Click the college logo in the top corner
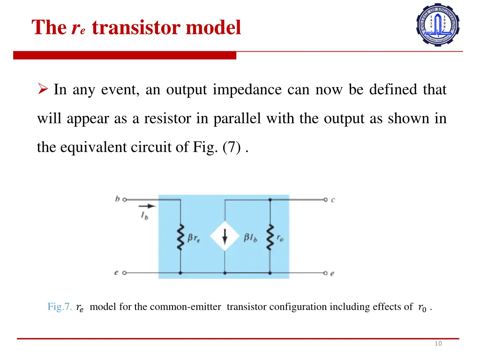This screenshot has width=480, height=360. pyautogui.click(x=438, y=24)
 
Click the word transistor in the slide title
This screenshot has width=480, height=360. pyautogui.click(x=136, y=28)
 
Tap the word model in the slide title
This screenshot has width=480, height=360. pyautogui.click(x=213, y=28)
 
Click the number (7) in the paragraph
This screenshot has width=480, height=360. pyautogui.click(x=232, y=148)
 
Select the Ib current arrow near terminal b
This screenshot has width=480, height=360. pyautogui.click(x=146, y=206)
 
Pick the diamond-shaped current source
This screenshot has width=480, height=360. pyautogui.click(x=225, y=236)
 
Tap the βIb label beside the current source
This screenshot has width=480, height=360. pyautogui.click(x=250, y=238)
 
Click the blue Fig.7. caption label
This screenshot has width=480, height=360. pyautogui.click(x=60, y=307)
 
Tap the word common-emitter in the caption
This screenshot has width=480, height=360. pyautogui.click(x=185, y=307)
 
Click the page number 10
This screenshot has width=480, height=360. pyautogui.click(x=438, y=344)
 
